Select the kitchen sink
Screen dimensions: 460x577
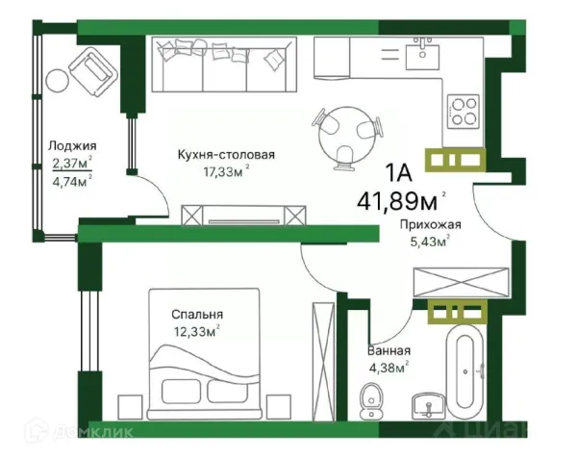(421, 55)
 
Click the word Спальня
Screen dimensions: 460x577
(198, 314)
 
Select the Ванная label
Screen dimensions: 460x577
(389, 350)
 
